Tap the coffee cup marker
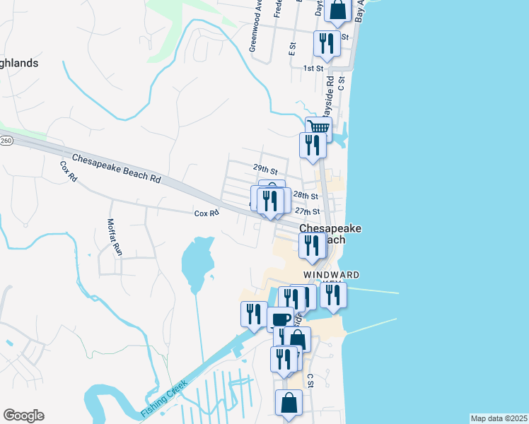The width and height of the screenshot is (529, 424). (280, 319)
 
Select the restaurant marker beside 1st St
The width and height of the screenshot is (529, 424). (327, 44)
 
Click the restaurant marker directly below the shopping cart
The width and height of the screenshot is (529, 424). (313, 146)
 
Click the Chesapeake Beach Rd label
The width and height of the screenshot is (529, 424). (116, 168)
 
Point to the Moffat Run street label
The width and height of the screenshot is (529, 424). (114, 237)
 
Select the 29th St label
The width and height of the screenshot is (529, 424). (264, 170)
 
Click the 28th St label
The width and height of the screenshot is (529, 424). (306, 195)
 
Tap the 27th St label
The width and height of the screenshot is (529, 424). (308, 211)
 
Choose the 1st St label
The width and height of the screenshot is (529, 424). (313, 69)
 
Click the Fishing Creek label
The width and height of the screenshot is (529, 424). (163, 399)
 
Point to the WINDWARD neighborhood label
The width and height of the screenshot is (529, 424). (332, 274)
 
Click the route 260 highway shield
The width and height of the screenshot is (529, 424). (5, 141)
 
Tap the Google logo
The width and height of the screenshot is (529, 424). (23, 416)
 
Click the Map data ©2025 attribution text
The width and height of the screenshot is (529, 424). (499, 418)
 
